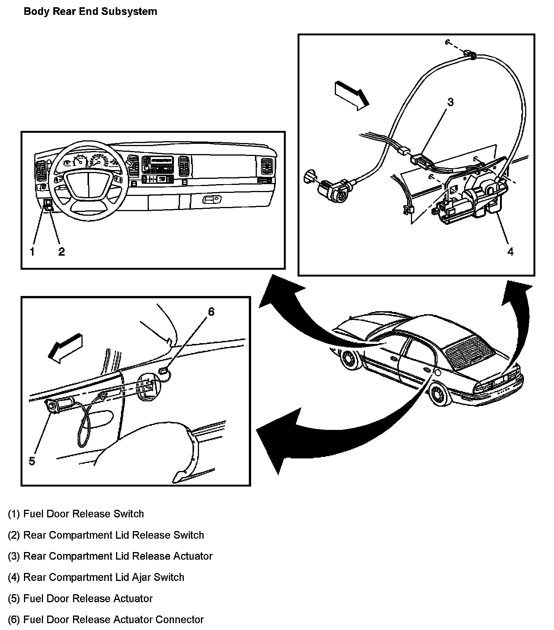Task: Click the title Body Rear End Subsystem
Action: point(90,12)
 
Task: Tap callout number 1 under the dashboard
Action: point(32,251)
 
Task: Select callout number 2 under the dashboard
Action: point(61,251)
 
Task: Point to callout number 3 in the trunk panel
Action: point(451,102)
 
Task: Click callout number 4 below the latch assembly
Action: point(510,251)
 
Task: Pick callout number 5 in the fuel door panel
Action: point(32,461)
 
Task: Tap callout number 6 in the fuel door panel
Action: point(211,312)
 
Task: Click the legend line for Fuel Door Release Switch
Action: point(76,514)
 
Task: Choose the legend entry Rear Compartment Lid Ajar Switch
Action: point(96,577)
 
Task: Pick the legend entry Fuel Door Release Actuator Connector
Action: point(106,619)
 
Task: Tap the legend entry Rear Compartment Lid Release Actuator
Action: point(110,556)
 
